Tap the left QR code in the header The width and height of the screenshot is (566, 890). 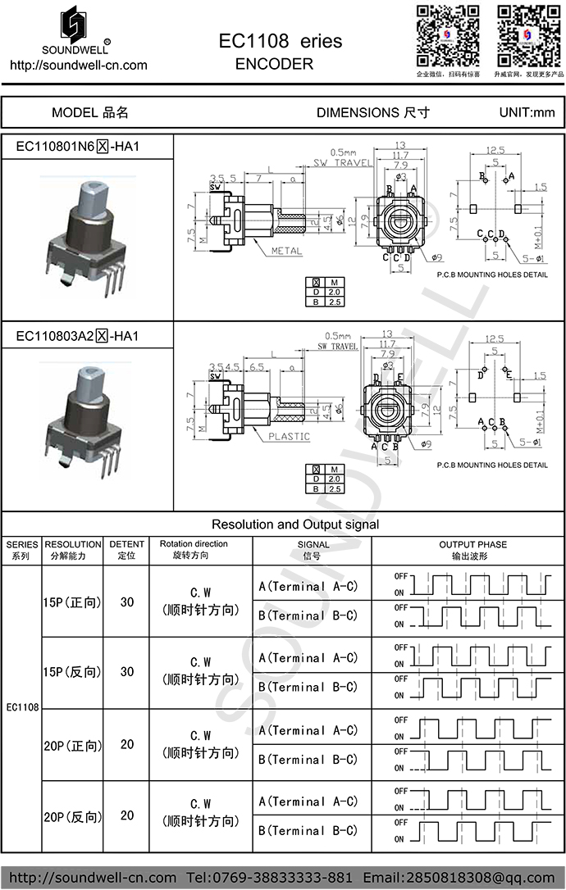(447, 36)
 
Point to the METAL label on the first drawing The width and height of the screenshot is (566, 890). (286, 251)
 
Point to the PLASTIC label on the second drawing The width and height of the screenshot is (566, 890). (289, 437)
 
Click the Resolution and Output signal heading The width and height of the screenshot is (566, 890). (295, 524)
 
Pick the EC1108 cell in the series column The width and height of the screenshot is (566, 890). (22, 706)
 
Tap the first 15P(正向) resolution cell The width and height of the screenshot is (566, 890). (72, 602)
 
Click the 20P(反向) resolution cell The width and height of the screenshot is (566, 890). (72, 816)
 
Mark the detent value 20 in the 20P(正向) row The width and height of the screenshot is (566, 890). (127, 744)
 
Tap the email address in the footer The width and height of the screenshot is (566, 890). (459, 878)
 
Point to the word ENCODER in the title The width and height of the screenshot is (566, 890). (274, 64)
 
